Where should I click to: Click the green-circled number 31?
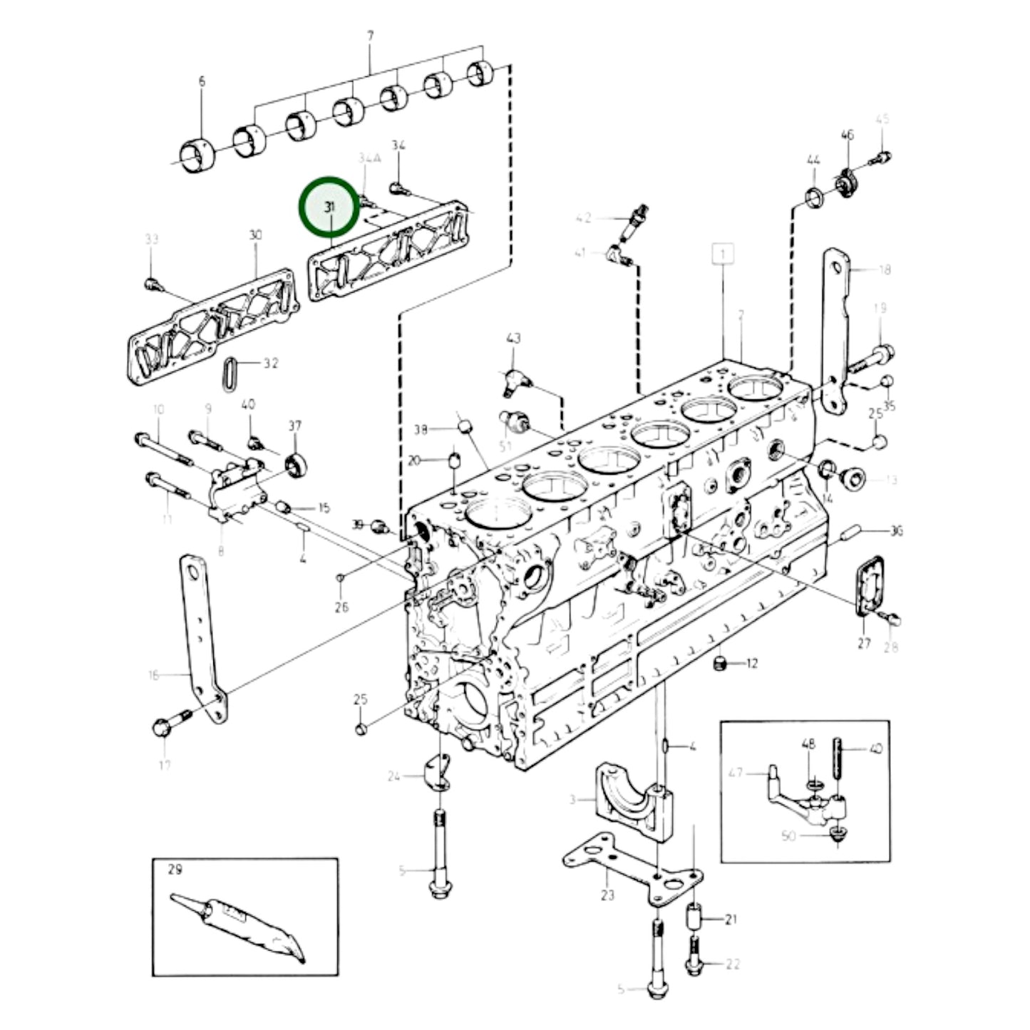coord(329,207)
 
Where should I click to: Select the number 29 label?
coord(175,870)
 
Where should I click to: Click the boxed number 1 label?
coord(724,254)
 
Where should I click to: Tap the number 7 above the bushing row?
coord(370,35)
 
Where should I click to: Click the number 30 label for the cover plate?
coord(256,235)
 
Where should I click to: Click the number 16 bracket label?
coord(153,675)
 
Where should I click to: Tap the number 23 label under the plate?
coord(607,895)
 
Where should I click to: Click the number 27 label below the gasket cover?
coord(864,643)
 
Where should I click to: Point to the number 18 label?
coord(884,269)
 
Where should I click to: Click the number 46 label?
coord(847,135)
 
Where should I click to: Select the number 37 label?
coord(294,426)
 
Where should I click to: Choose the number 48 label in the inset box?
coord(808,744)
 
